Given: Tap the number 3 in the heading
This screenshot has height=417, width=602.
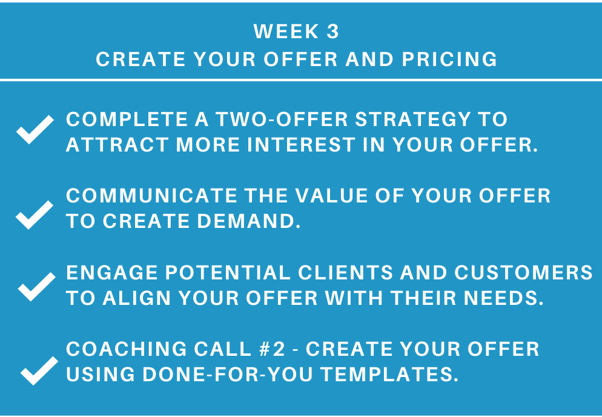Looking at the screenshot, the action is [x=333, y=32].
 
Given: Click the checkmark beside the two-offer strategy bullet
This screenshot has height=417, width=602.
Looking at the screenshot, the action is [x=35, y=129].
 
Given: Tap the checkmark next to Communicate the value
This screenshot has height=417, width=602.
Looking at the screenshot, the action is [x=35, y=215].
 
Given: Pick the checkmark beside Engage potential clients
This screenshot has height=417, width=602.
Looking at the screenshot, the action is [x=37, y=287].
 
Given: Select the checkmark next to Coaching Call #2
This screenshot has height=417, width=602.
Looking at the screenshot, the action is [x=39, y=370].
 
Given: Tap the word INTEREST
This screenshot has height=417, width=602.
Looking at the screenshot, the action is [x=302, y=145].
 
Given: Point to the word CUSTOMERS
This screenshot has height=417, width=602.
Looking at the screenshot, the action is [x=524, y=273].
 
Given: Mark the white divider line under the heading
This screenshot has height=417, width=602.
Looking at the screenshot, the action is [x=301, y=80].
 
